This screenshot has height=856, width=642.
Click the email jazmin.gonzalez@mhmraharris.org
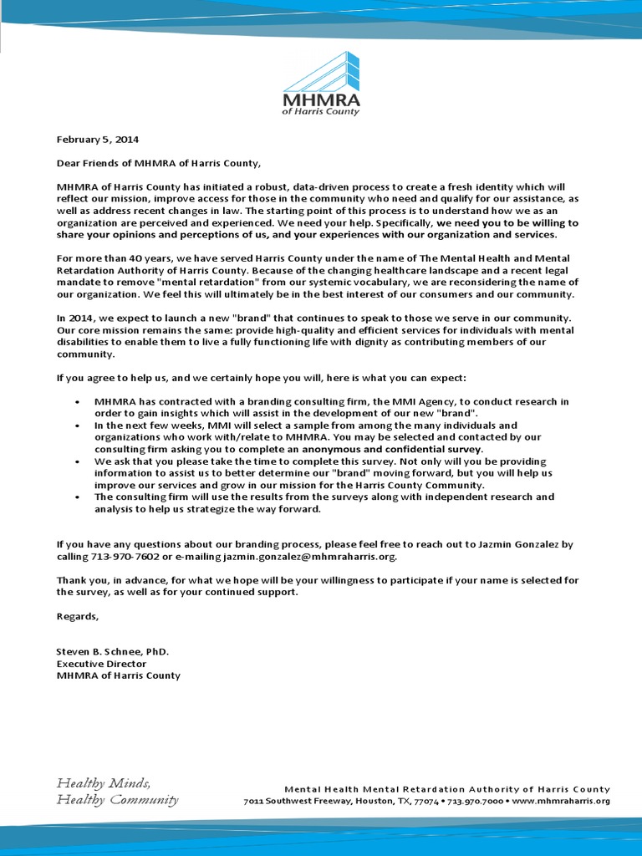pos(310,556)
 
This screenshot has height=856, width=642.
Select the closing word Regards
pos(77,616)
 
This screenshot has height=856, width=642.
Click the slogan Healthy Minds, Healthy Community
pos(117,791)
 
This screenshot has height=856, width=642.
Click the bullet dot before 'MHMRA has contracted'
pos(77,402)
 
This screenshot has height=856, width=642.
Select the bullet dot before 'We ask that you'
pos(77,461)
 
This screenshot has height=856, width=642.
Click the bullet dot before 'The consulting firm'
pos(77,497)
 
